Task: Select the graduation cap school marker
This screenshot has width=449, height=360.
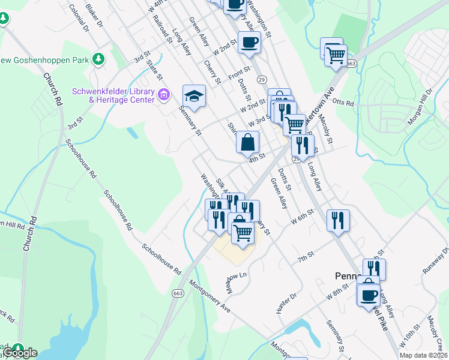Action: click(x=194, y=95)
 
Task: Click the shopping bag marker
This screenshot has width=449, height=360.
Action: click(x=247, y=143)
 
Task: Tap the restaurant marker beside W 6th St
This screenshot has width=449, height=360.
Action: click(x=338, y=220)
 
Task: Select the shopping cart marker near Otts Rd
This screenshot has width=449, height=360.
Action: click(x=336, y=56)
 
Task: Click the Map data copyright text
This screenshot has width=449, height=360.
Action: click(x=424, y=355)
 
